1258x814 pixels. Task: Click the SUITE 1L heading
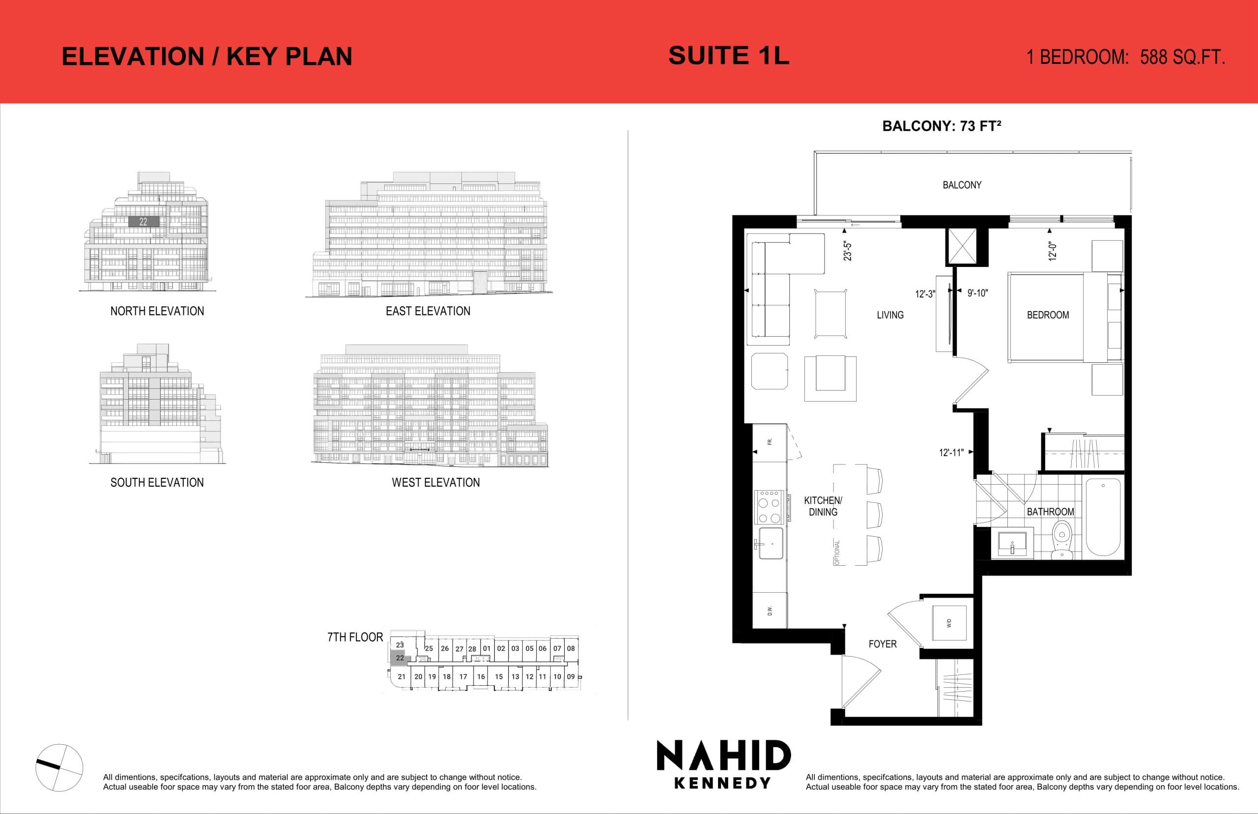[x=729, y=56]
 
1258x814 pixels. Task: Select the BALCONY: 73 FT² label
[x=942, y=126]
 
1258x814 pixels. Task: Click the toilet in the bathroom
[x=1061, y=539]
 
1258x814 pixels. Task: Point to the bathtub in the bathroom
[x=1103, y=517]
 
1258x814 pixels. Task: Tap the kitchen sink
[x=772, y=543]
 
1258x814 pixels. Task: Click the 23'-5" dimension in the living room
[x=848, y=251]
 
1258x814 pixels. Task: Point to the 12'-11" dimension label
[x=951, y=452]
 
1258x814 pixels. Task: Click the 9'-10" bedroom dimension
[x=977, y=293]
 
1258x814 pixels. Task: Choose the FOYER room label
[x=883, y=644]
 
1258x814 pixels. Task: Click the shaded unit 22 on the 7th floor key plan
[x=400, y=658]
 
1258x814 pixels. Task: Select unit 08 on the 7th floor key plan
[x=571, y=648]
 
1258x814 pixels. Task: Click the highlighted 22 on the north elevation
[x=143, y=222]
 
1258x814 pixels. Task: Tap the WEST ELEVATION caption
[x=435, y=482]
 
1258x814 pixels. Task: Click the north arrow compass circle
[x=59, y=767]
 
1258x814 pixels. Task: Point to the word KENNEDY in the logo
[x=722, y=783]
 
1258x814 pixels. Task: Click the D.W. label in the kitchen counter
[x=770, y=611]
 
